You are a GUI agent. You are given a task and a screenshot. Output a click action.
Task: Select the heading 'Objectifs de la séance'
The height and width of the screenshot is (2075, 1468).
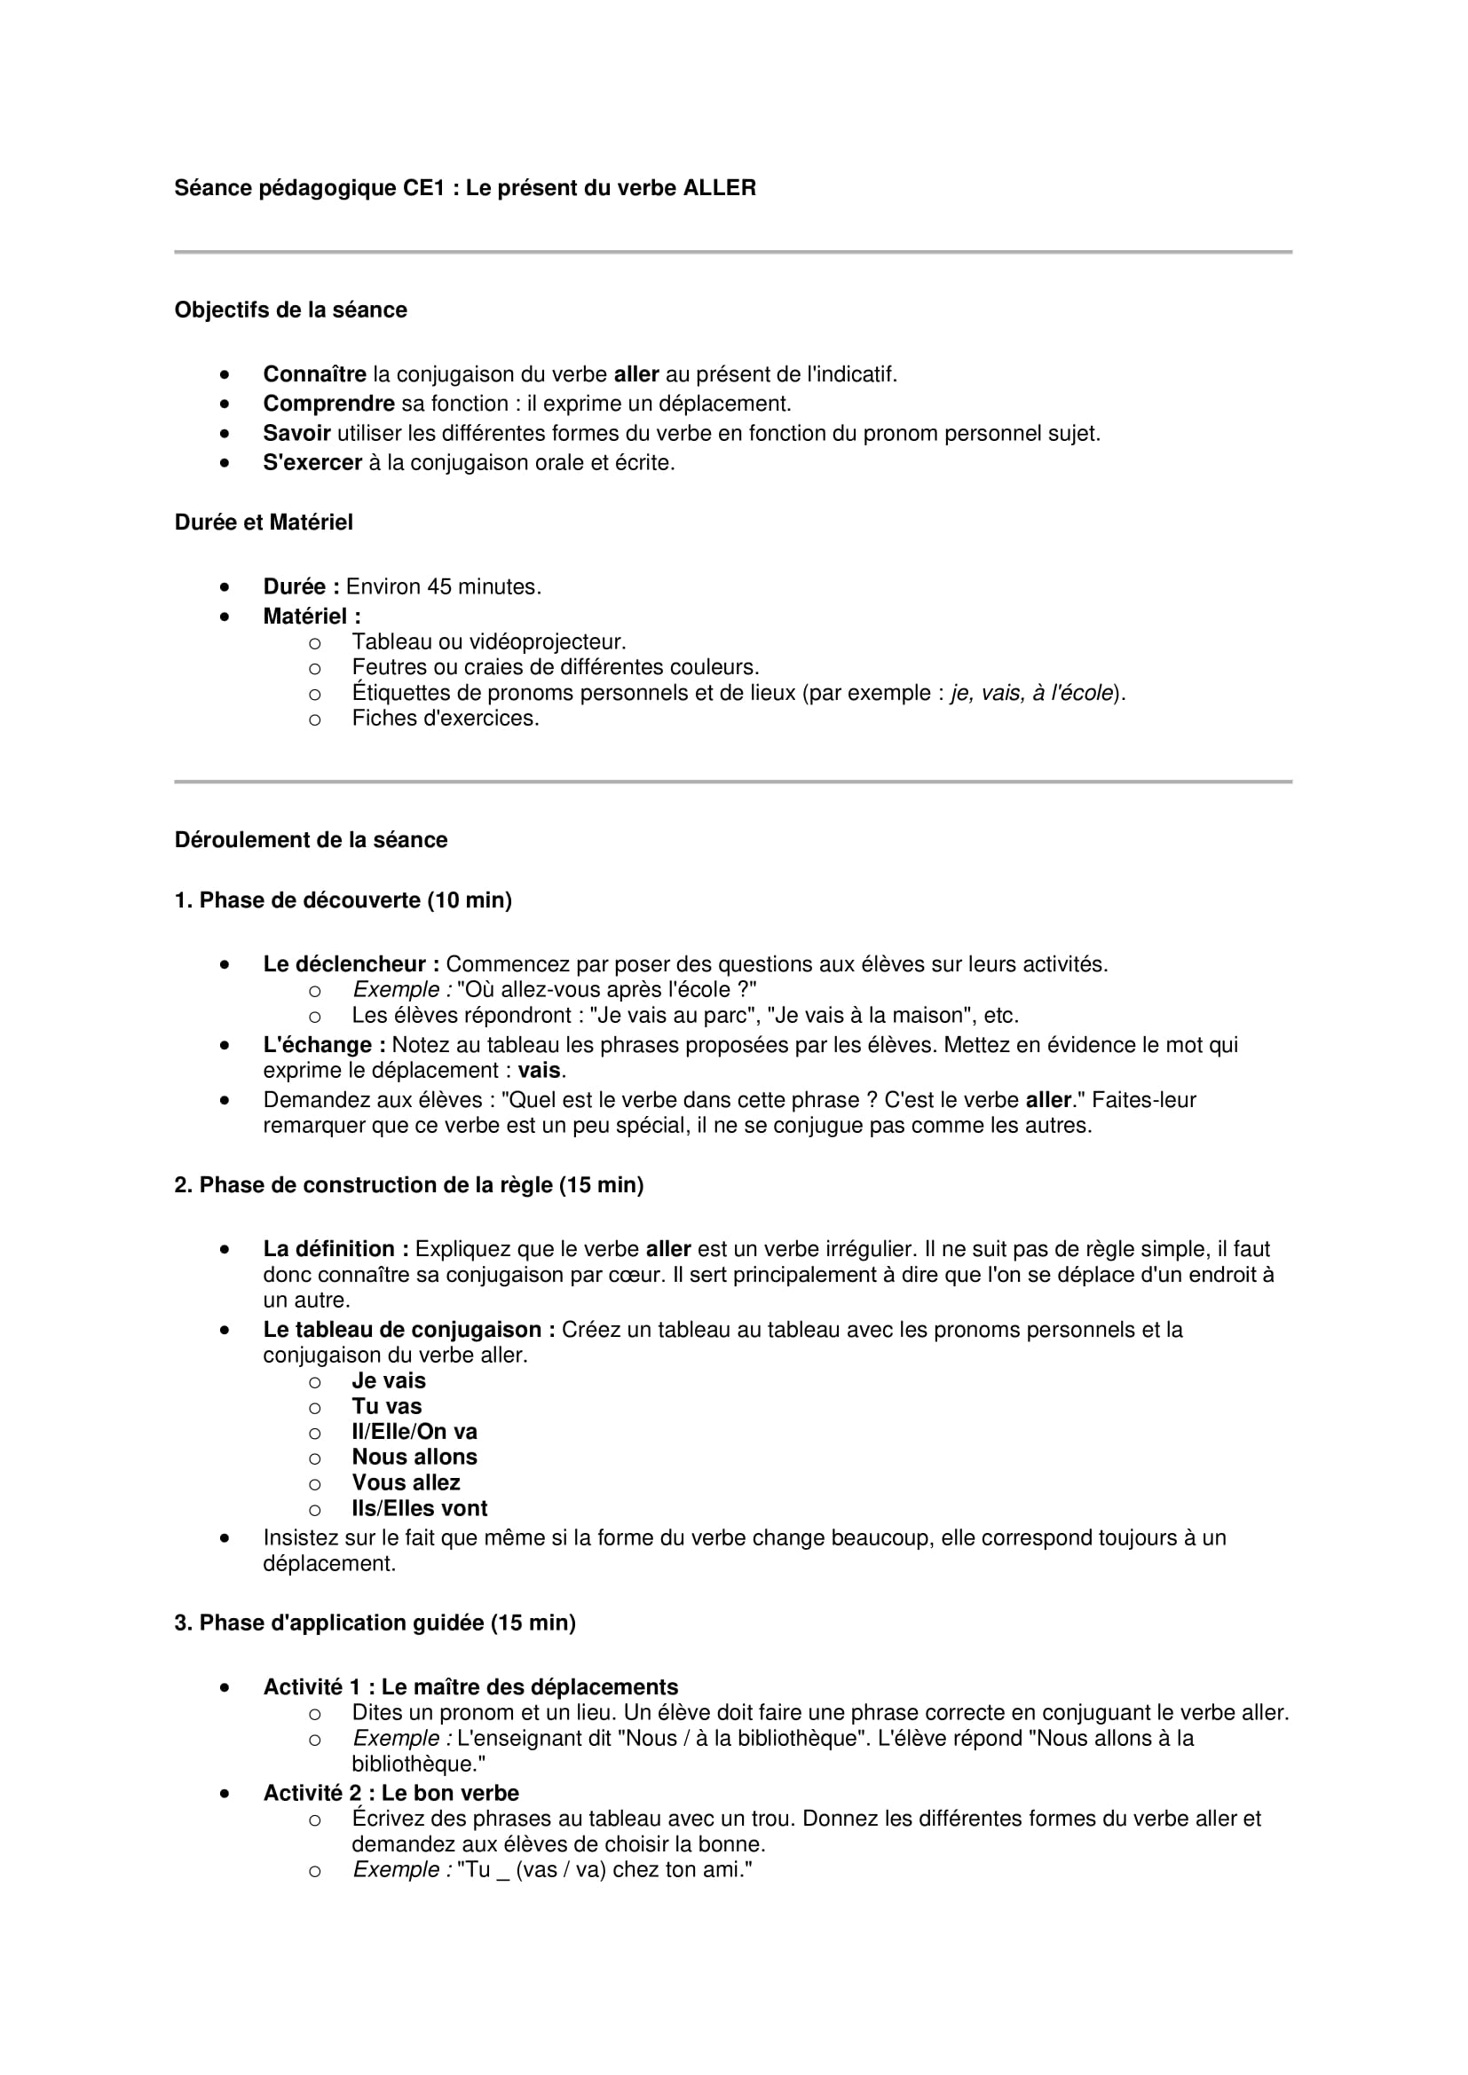[x=290, y=310]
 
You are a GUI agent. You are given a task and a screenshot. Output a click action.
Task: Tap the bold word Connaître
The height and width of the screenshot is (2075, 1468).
[x=314, y=374]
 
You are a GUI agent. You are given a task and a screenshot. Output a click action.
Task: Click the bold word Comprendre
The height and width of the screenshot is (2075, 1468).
[x=329, y=404]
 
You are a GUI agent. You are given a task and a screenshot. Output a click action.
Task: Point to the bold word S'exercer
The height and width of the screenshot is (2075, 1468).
[x=312, y=463]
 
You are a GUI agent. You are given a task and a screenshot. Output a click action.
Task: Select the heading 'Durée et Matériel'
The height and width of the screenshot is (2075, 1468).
[x=263, y=523]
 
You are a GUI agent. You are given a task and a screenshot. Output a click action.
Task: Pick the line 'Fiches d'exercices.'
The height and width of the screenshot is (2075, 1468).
[x=446, y=719]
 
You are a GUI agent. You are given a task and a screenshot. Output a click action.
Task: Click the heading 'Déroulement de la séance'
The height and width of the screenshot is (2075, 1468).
[x=311, y=839]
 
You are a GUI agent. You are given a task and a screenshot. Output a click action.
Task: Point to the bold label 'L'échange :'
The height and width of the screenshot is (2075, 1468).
[x=325, y=1045]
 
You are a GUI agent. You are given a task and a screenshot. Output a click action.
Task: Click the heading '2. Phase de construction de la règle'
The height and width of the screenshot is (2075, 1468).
[x=408, y=1185]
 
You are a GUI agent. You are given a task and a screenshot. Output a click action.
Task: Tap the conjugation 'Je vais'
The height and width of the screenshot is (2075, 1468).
[x=389, y=1381]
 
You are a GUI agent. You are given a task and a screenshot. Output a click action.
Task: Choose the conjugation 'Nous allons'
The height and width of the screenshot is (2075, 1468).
[x=414, y=1457]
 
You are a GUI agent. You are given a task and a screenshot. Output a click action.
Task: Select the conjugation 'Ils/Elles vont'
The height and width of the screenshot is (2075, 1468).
[x=420, y=1508]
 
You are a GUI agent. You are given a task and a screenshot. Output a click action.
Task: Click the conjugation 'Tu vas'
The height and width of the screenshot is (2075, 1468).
[x=387, y=1406]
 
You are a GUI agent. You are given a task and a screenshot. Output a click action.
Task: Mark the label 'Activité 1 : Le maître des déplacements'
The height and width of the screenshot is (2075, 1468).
[x=470, y=1687]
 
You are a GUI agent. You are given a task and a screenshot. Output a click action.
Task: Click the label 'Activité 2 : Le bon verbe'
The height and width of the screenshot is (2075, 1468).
[x=391, y=1793]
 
